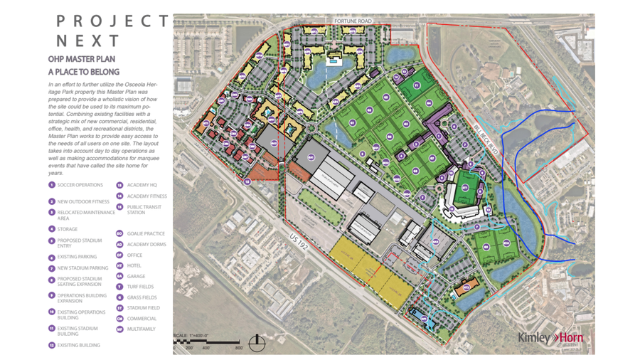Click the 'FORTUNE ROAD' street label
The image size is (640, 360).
coord(353,21)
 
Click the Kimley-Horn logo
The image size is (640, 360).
coord(550,337)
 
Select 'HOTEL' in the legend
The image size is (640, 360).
coord(134,265)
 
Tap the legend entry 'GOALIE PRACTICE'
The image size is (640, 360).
coord(145,233)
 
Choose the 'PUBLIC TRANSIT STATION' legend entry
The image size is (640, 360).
coord(144,210)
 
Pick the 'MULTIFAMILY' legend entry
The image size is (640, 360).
coord(141,329)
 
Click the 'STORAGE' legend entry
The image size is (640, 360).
coord(68,229)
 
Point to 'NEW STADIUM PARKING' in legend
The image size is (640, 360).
coord(82,268)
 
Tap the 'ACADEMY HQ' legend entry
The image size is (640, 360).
coord(142,185)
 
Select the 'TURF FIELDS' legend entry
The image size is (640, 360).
coord(142,287)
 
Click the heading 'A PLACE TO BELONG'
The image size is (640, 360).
coord(83,72)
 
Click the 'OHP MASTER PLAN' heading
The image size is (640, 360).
coord(81,59)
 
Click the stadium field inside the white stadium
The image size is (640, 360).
coord(466,191)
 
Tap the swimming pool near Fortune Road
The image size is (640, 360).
coord(332,62)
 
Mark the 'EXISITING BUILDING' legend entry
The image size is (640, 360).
coord(78,345)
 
